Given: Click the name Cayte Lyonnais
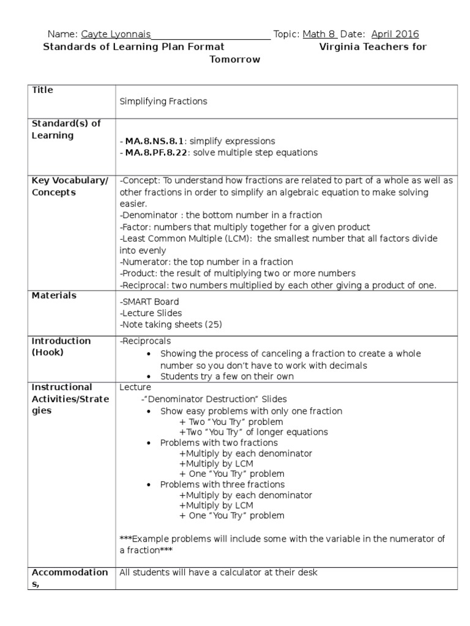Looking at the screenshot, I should tap(116, 34).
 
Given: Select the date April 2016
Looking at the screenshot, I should tap(395, 34).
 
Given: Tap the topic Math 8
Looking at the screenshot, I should tap(319, 34).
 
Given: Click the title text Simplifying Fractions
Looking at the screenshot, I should tap(163, 101).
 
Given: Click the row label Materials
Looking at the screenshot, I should tap(54, 296).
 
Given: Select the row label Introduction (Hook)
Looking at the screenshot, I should tap(61, 347).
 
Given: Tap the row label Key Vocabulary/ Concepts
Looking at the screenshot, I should tap(69, 186).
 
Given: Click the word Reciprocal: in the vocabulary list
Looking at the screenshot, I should tap(144, 285).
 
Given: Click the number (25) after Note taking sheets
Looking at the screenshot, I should tap(210, 325).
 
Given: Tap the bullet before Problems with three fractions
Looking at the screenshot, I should tap(149, 485).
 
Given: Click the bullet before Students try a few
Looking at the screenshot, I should tap(149, 377).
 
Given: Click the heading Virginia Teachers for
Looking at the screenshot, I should tap(373, 47).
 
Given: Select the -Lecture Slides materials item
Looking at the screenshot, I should tap(151, 313).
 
